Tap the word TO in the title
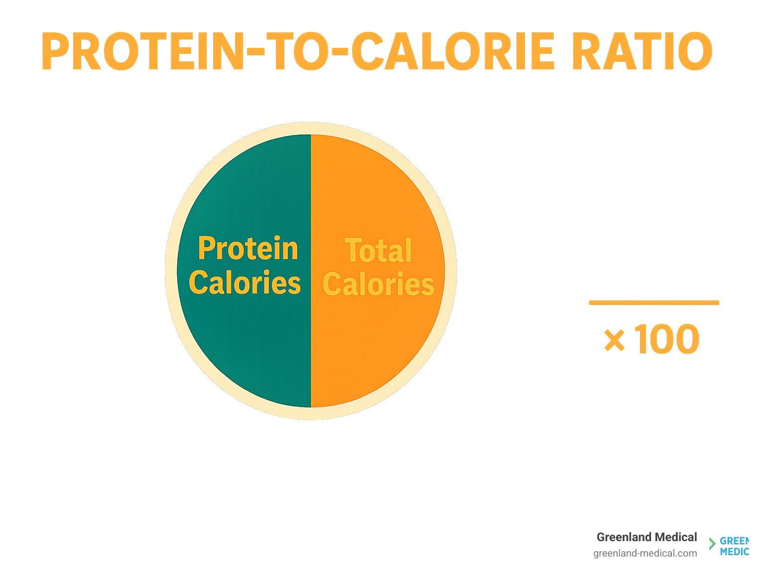click(295, 52)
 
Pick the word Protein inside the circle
click(248, 248)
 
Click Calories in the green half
click(245, 283)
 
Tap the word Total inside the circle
click(379, 250)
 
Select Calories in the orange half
click(379, 285)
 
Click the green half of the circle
click(244, 349)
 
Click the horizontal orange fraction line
click(653, 302)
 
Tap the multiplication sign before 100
click(614, 341)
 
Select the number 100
click(667, 340)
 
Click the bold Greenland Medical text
click(646, 537)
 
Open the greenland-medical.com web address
click(645, 553)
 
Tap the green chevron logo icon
click(712, 544)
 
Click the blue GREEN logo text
click(734, 542)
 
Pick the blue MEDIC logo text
click(734, 552)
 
